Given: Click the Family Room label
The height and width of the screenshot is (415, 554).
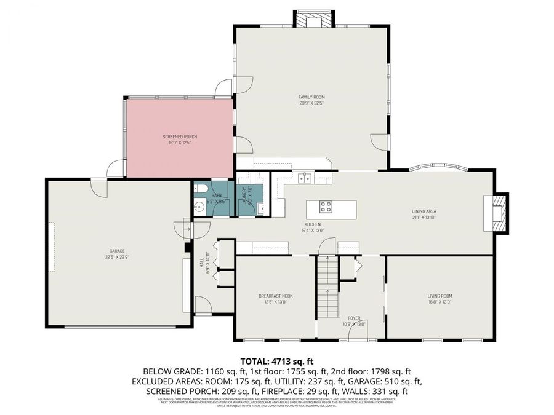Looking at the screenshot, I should coord(311,97).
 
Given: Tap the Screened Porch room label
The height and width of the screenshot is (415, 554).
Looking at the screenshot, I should coord(179,136).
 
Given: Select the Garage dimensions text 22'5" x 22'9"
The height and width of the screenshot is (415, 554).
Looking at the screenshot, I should coord(117,257).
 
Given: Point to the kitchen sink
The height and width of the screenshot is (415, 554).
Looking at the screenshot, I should coord(305,178).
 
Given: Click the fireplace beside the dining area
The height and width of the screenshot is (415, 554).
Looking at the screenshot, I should coord(497,213).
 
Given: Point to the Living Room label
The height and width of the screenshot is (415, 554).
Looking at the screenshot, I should coord(440,296).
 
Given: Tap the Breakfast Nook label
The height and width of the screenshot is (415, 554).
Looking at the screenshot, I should coord(275,296).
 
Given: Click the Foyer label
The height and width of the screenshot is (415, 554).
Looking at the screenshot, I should coord(354,318).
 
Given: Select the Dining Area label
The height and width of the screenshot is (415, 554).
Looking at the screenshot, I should coord(424,211).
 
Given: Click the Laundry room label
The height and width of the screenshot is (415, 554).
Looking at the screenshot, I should coord(244,195).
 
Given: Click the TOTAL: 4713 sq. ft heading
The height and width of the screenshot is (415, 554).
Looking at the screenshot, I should coord(276,361).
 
